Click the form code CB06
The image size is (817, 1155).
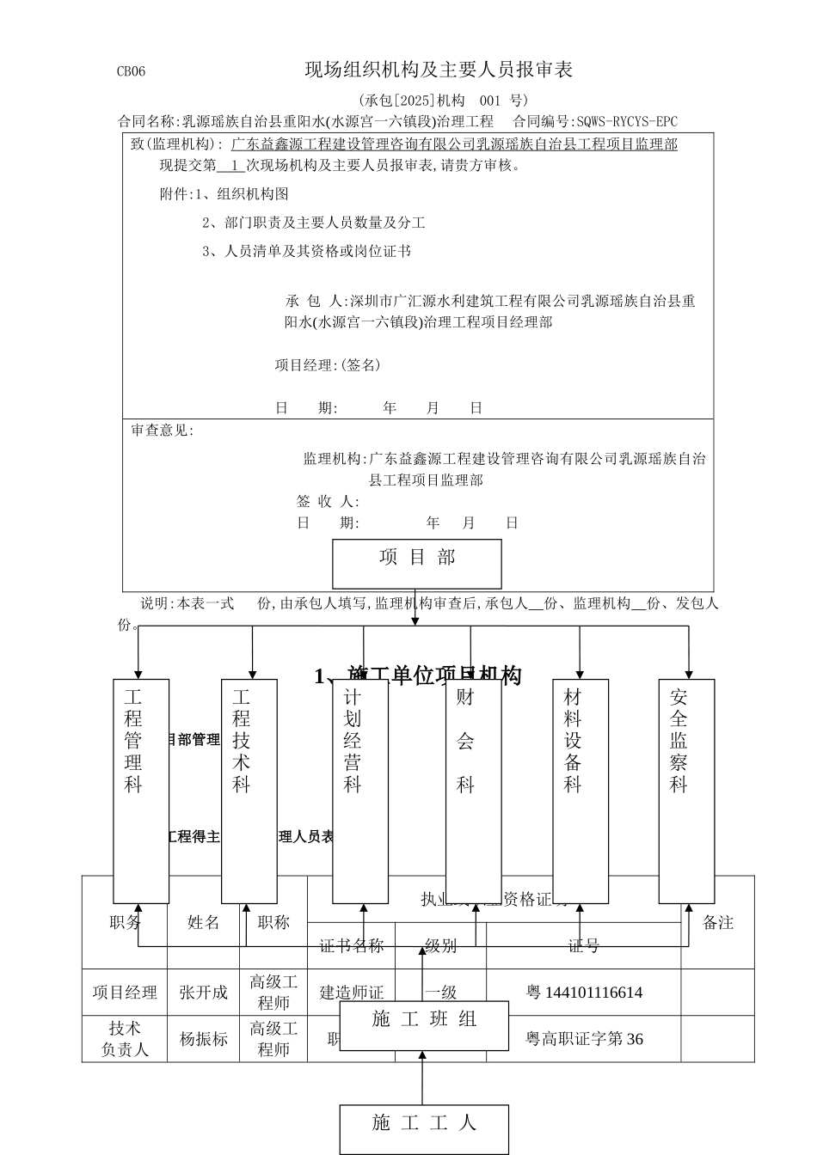131,71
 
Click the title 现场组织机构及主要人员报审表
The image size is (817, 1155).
439,70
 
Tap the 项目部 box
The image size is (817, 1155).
417,563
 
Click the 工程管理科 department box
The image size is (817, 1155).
141,791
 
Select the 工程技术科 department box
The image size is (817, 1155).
249,791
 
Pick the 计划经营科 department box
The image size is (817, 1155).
360,791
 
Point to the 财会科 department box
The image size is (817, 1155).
473,791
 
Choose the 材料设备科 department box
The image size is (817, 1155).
580,791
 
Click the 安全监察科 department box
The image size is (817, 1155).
686,791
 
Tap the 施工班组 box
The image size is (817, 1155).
424,1025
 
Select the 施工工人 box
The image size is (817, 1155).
424,1128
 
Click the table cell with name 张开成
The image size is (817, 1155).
203,993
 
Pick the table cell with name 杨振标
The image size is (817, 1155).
203,1039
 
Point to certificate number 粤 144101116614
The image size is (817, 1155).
584,993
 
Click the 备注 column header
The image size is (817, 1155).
718,922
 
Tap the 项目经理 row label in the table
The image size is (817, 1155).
125,993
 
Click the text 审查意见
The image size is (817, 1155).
162,431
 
